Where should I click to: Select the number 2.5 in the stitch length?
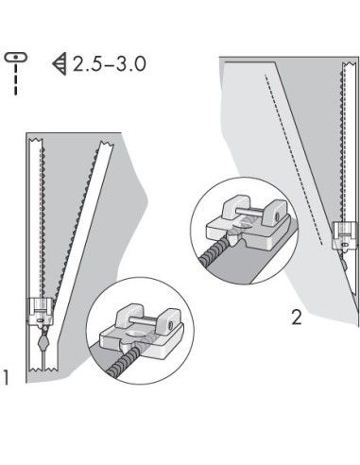point(85,64)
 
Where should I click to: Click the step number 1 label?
point(7,378)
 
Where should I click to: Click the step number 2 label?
point(296,318)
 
